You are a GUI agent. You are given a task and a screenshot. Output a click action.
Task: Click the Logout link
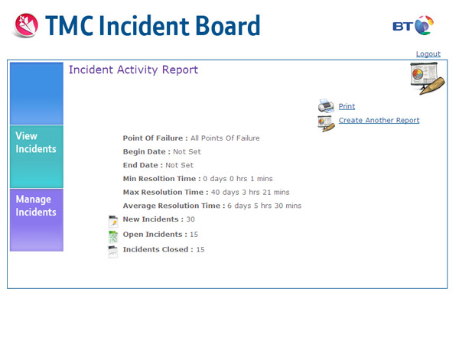pyautogui.click(x=428, y=54)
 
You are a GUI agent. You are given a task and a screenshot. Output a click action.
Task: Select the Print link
pyautogui.click(x=347, y=106)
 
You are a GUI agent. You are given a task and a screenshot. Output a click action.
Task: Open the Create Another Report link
pyautogui.click(x=379, y=120)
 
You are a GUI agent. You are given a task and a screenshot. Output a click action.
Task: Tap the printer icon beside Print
pyautogui.click(x=326, y=106)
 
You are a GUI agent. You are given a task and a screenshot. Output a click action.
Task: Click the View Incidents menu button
pyautogui.click(x=37, y=157)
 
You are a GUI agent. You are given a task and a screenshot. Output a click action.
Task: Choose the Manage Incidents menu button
pyautogui.click(x=37, y=220)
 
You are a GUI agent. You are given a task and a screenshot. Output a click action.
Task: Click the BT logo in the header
pyautogui.click(x=413, y=26)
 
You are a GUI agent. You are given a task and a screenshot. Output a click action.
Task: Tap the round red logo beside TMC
pyautogui.click(x=26, y=25)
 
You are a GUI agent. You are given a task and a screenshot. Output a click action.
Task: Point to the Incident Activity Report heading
pyautogui.click(x=133, y=70)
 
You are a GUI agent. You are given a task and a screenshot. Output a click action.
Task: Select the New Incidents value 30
pyautogui.click(x=190, y=219)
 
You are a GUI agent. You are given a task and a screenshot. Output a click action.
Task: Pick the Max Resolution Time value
pyautogui.click(x=250, y=192)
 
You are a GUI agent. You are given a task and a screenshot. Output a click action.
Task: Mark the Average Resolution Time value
pyautogui.click(x=265, y=206)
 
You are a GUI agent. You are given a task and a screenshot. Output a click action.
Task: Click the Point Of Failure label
pyautogui.click(x=155, y=138)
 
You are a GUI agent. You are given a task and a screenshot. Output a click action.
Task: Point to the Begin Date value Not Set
pyautogui.click(x=187, y=152)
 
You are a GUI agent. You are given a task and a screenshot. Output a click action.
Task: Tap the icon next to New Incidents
pyautogui.click(x=113, y=222)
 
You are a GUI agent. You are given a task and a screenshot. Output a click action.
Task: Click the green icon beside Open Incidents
pyautogui.click(x=113, y=237)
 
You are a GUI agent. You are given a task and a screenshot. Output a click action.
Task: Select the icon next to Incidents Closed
pyautogui.click(x=113, y=251)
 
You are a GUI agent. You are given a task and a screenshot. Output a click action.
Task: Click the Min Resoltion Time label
pyautogui.click(x=162, y=179)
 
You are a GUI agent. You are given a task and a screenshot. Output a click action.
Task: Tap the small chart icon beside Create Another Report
pyautogui.click(x=326, y=123)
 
